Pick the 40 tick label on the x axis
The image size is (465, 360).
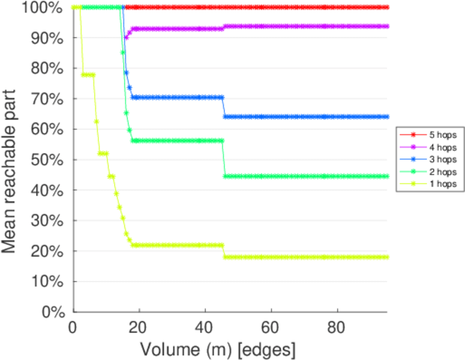[x=205, y=328]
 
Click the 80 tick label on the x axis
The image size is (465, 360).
[x=337, y=328]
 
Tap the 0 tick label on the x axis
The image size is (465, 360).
[x=73, y=328]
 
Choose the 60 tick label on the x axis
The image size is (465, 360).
[x=271, y=328]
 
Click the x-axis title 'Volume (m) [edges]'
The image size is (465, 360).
[x=218, y=349]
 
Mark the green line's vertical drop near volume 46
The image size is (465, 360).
[x=224, y=158]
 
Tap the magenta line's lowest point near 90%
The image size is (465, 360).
[x=126, y=38]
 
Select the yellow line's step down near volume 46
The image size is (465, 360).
[x=224, y=251]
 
